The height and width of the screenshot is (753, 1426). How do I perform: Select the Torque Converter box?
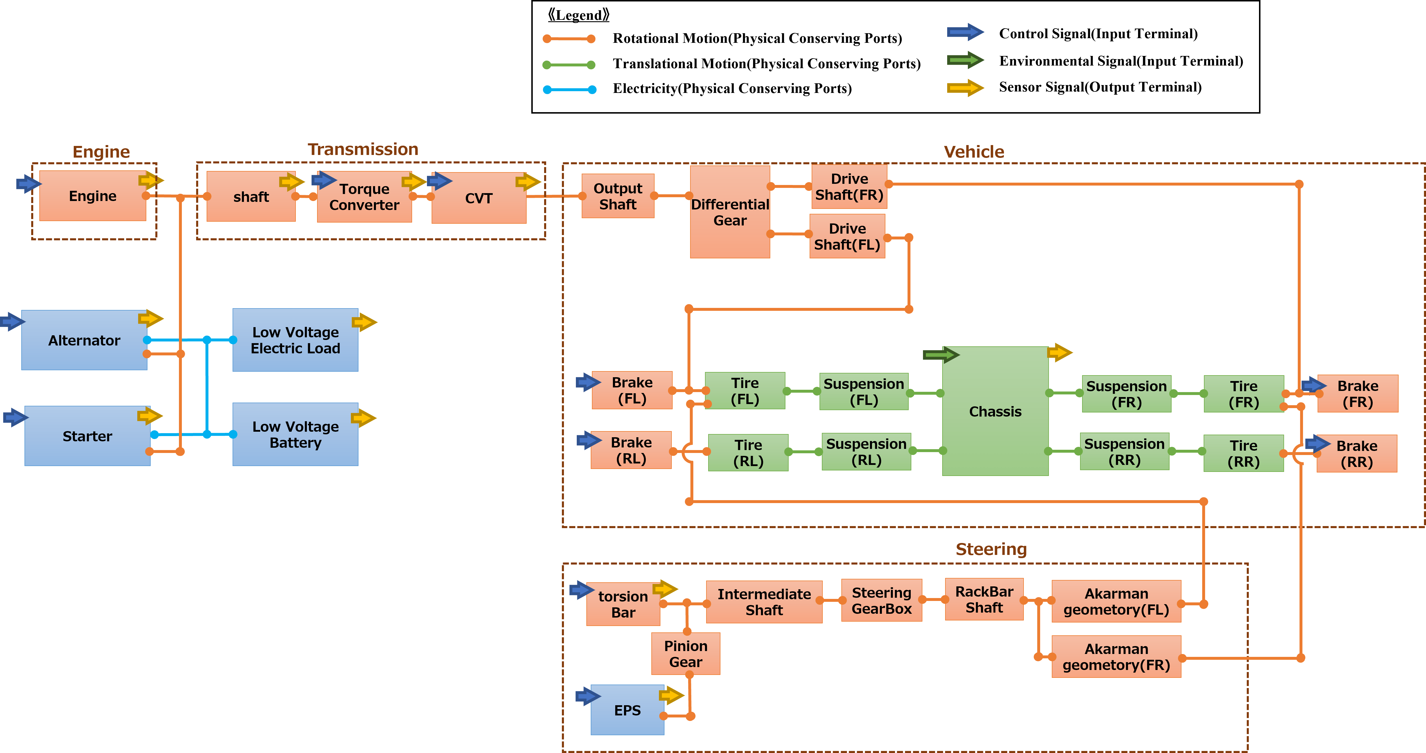[x=364, y=197]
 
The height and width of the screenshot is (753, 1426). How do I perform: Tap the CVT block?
[x=479, y=198]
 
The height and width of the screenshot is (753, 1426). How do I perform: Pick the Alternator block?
[x=84, y=340]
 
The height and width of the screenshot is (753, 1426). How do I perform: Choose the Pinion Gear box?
[x=685, y=654]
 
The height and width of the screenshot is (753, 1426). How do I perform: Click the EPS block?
[x=627, y=710]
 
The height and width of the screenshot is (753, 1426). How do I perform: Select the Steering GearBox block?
[x=881, y=601]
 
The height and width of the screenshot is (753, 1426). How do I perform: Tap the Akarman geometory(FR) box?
[x=1116, y=657]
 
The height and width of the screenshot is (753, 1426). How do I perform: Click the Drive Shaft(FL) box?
[x=847, y=237]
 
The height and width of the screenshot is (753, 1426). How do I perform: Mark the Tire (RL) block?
[x=748, y=453]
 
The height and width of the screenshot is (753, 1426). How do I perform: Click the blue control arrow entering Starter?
[x=15, y=417]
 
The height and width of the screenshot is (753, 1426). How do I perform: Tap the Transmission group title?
[x=363, y=149]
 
